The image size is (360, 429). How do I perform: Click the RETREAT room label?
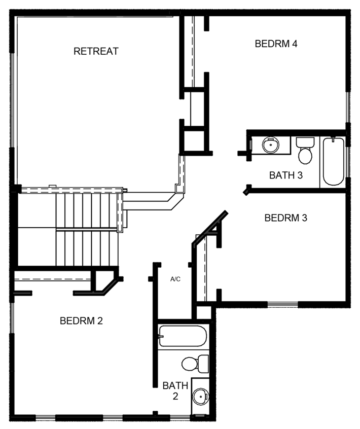(x=96, y=51)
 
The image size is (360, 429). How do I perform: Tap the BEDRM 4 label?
(x=275, y=44)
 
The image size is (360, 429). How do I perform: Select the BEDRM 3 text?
(x=285, y=218)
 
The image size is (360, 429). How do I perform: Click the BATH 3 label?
(x=285, y=175)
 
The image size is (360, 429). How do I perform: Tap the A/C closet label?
(x=175, y=279)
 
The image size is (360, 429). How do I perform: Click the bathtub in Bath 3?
(x=333, y=161)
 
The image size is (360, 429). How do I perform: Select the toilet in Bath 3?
(x=305, y=151)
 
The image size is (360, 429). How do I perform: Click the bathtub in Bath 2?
(x=182, y=336)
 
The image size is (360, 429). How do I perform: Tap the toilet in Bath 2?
(x=195, y=363)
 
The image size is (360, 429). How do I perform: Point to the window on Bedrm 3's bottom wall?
(x=282, y=305)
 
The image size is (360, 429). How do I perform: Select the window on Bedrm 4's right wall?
(x=347, y=108)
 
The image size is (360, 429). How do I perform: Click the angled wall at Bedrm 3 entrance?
(x=210, y=226)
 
